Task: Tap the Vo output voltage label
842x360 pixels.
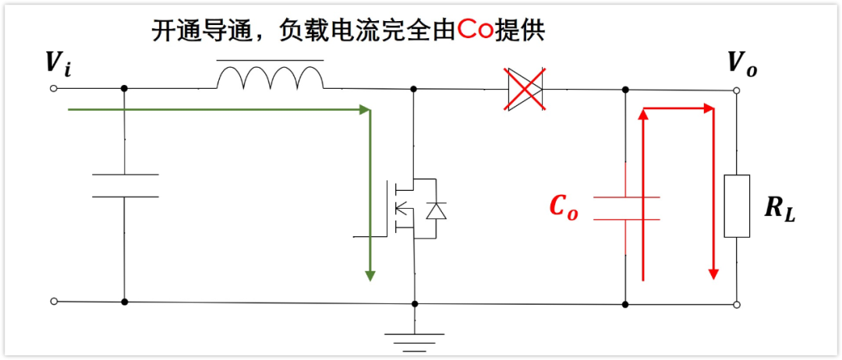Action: pyautogui.click(x=741, y=65)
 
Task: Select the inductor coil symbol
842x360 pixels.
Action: pyautogui.click(x=270, y=77)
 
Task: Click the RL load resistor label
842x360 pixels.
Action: pyautogui.click(x=780, y=208)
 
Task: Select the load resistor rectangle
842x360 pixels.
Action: pyautogui.click(x=737, y=206)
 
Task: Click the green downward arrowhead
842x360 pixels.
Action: pyautogui.click(x=370, y=274)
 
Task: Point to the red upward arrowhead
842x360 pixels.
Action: pyautogui.click(x=643, y=115)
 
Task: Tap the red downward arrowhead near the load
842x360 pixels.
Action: pyautogui.click(x=712, y=272)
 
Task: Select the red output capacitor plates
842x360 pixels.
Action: pyautogui.click(x=626, y=207)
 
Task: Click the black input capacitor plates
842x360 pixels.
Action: pyautogui.click(x=125, y=185)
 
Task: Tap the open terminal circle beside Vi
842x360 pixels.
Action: pyautogui.click(x=54, y=88)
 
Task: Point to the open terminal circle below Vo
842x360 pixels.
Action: pyautogui.click(x=737, y=91)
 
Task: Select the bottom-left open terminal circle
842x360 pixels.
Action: pyautogui.click(x=54, y=301)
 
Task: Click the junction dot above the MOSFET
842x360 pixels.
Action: pyautogui.click(x=414, y=89)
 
